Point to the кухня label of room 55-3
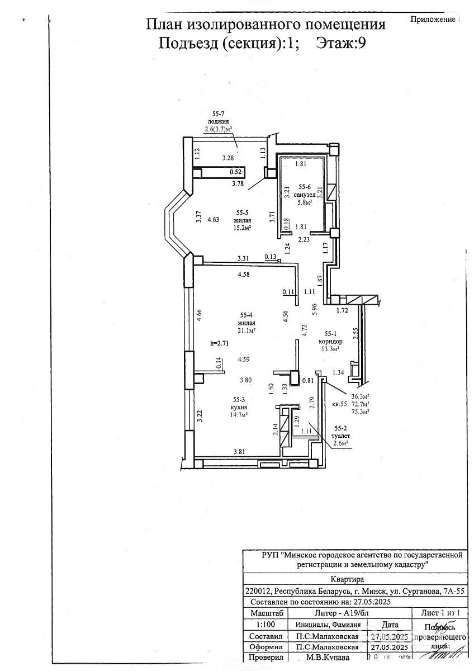coord(239,407)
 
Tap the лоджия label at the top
coord(218,121)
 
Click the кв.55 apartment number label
coord(340,403)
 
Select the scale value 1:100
coord(265,625)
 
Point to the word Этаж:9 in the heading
coord(341,42)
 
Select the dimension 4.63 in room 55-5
coord(213,220)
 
